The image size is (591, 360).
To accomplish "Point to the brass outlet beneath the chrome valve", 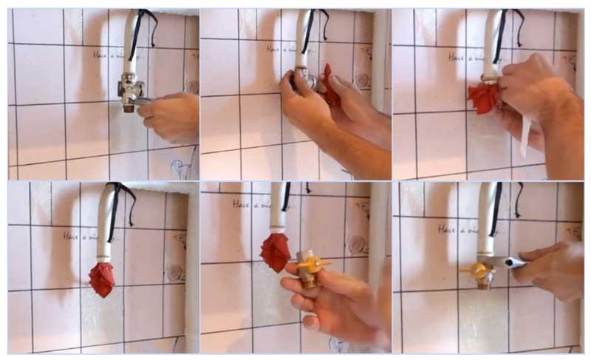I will click(x=130, y=107).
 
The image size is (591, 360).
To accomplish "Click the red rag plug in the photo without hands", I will click(x=102, y=279).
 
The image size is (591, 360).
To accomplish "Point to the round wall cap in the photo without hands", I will click(x=174, y=272).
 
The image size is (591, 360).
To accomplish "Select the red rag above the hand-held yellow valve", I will click(x=276, y=251).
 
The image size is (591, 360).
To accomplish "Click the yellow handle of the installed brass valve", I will click(x=468, y=271).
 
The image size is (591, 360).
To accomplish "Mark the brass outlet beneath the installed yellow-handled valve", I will click(x=483, y=281).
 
